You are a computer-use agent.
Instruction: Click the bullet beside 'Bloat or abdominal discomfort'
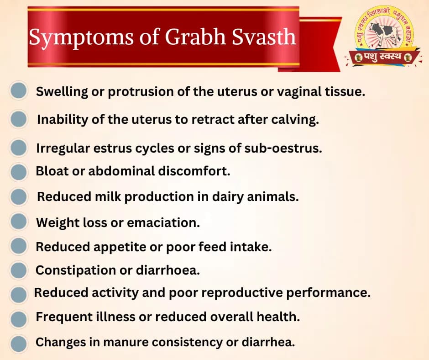click(19, 172)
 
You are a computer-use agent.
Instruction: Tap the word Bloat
click(51, 172)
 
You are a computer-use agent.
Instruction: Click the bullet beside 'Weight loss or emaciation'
click(19, 222)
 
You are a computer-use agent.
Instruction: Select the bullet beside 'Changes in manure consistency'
click(19, 342)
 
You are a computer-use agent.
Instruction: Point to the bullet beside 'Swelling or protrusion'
click(19, 91)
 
